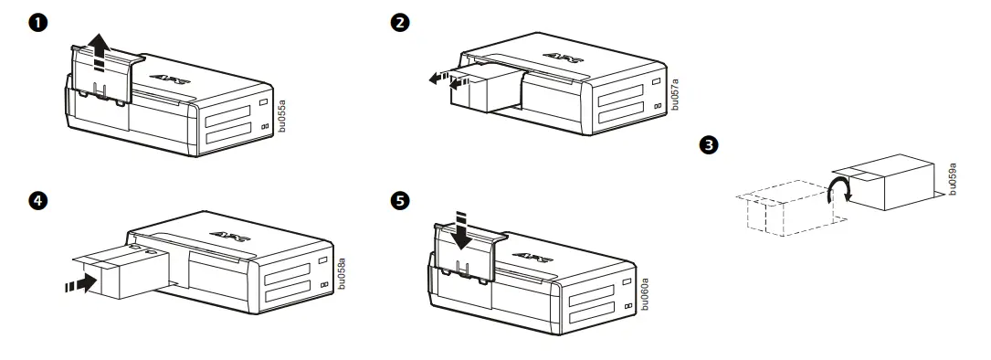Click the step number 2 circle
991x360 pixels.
pyautogui.click(x=399, y=23)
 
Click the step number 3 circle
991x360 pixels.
pyautogui.click(x=706, y=144)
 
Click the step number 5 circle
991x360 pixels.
pyautogui.click(x=399, y=200)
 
